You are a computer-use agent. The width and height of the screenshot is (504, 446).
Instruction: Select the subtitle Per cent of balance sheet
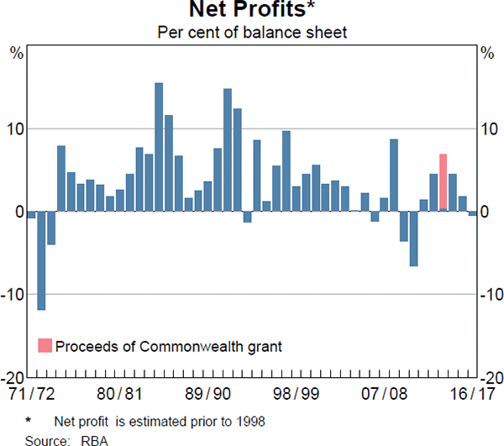tap(251, 33)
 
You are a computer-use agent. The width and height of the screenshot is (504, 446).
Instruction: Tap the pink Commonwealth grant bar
tap(443, 182)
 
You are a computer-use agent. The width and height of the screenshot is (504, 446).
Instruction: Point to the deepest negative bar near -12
tap(41, 260)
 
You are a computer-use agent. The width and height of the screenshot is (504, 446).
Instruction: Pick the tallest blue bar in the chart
tap(159, 147)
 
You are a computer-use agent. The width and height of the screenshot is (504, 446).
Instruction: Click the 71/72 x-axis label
tap(31, 393)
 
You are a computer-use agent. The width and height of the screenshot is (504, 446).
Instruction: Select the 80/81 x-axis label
tap(121, 393)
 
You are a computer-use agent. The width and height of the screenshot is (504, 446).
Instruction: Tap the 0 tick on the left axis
tap(18, 212)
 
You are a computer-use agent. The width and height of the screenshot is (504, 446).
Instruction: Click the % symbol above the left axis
tap(16, 53)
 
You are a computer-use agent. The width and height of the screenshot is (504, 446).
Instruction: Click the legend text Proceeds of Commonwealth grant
tap(169, 346)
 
